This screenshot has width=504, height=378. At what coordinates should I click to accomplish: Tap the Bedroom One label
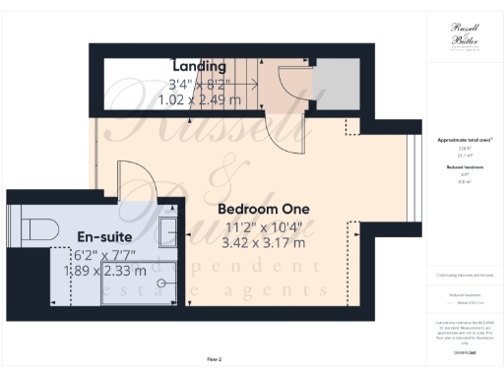(264, 210)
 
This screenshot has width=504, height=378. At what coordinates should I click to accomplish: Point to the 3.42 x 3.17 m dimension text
(264, 242)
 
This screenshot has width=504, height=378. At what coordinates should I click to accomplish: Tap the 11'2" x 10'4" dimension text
(264, 226)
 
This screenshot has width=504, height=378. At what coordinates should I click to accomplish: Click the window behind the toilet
(10, 225)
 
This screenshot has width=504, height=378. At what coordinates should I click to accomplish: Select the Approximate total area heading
(465, 141)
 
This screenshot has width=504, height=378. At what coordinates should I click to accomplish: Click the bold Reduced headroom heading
(465, 168)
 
